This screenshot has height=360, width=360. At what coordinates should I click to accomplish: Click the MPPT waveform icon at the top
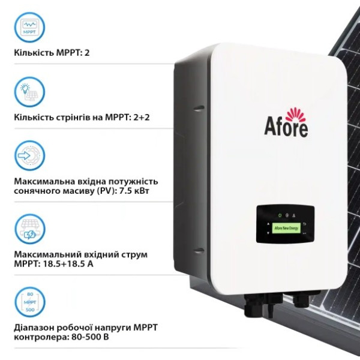[x=29, y=28]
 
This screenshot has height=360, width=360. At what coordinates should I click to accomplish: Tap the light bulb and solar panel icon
[x=29, y=92]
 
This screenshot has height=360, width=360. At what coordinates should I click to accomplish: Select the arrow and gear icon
[x=29, y=155]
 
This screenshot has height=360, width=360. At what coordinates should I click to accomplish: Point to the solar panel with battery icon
[x=30, y=229]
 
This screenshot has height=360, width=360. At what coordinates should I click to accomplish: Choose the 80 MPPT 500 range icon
[x=30, y=302]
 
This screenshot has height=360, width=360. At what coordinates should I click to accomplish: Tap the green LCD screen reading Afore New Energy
[x=286, y=228]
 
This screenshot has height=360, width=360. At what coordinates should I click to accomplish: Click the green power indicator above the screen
[x=280, y=215]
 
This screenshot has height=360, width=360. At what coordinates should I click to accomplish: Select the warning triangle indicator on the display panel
[x=293, y=215]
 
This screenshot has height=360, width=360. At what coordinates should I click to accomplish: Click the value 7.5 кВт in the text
[x=134, y=191]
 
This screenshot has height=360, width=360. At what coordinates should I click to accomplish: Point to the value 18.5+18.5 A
[x=68, y=264]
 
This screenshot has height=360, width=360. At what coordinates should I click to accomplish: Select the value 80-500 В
[x=90, y=337]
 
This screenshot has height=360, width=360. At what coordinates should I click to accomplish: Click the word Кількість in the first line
[x=34, y=53]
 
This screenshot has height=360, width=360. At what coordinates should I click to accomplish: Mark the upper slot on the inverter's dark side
[x=199, y=108]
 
